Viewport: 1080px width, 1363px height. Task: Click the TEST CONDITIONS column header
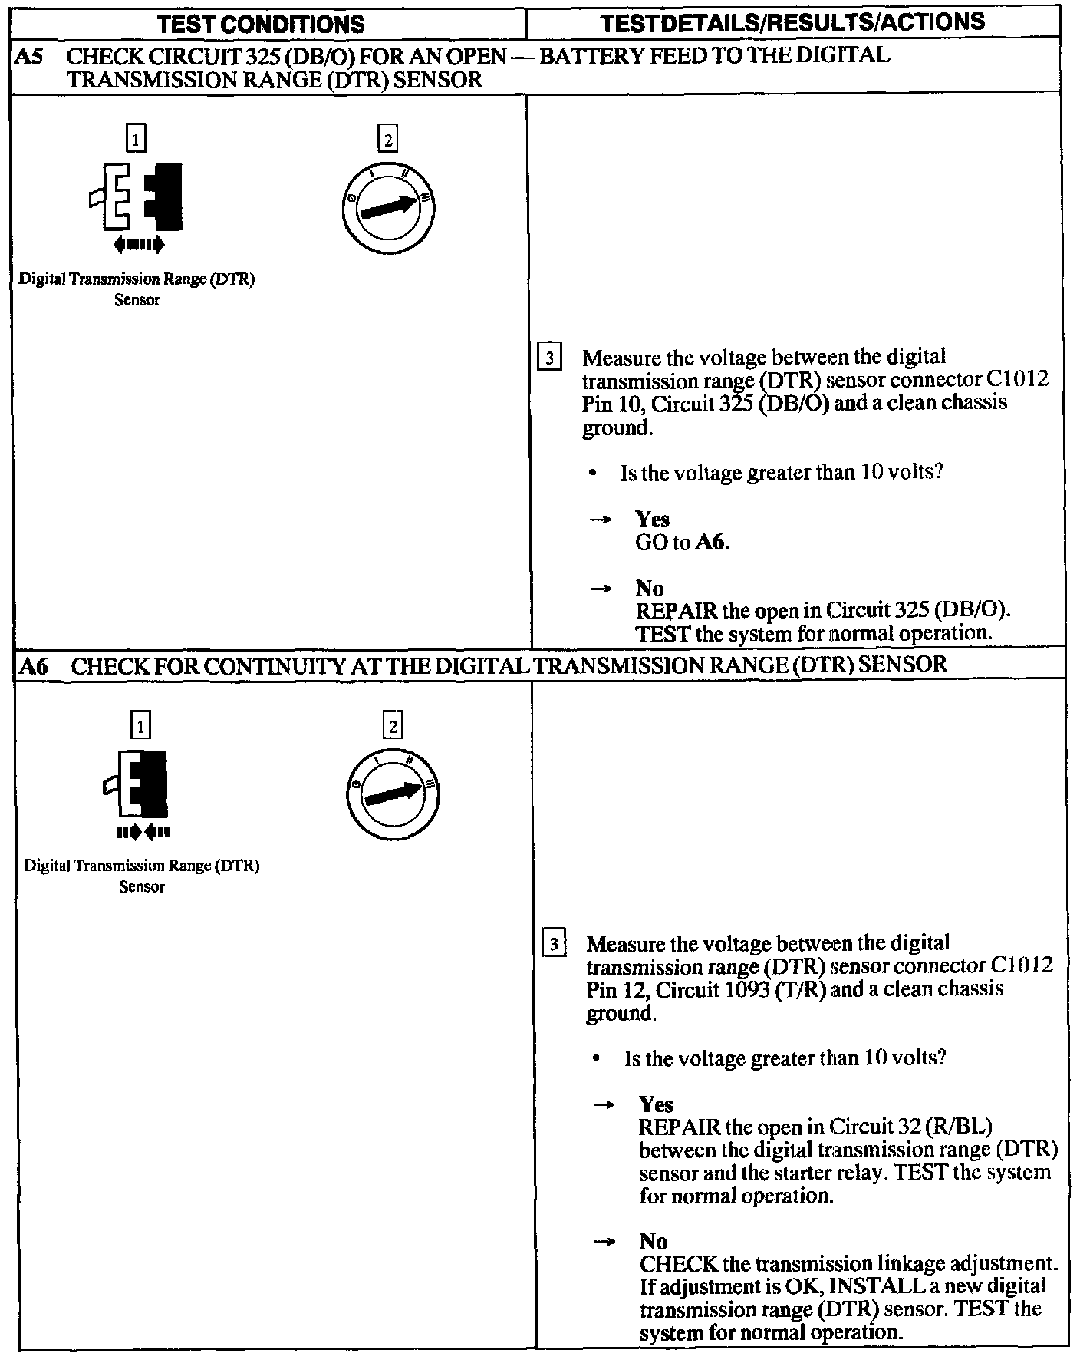point(261,25)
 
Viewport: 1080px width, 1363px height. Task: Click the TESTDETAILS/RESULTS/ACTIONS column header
point(793,23)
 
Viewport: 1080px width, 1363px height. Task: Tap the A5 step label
point(29,56)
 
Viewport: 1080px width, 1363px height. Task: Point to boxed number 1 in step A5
point(136,140)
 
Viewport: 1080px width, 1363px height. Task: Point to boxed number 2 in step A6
point(392,725)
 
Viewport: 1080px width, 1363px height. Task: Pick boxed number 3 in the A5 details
point(549,359)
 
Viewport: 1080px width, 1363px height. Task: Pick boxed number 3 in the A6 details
point(553,944)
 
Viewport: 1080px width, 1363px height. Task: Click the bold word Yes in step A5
point(652,519)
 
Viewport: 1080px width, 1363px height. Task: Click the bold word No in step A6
point(653,1241)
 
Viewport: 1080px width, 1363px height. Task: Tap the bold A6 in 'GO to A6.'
point(711,543)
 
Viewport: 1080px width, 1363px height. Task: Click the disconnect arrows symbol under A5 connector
point(138,245)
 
